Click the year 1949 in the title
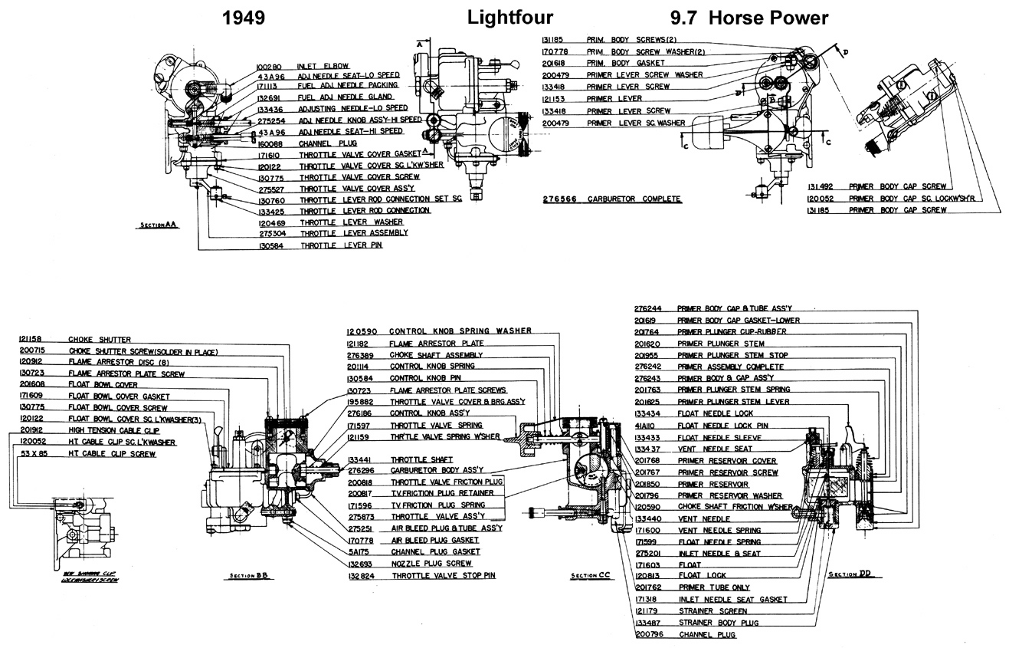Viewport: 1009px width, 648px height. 243,18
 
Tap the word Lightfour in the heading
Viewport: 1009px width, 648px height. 509,18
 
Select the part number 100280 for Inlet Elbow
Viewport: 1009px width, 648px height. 273,66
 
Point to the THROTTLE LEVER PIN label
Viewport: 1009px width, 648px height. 341,245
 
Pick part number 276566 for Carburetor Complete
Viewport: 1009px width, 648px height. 559,199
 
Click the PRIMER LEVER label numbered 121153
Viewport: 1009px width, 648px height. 614,99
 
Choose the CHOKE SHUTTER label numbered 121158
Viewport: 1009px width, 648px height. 100,339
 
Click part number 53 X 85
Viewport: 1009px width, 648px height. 35,454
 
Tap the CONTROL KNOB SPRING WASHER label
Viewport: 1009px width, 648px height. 460,331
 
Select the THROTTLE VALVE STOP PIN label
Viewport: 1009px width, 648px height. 438,574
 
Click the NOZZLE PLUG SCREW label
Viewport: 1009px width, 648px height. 426,563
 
